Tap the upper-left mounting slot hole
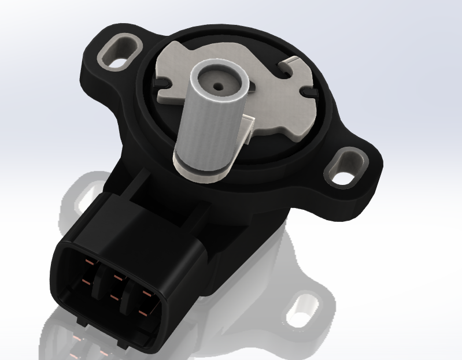pos(119,49)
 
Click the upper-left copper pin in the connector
pos(88,263)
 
